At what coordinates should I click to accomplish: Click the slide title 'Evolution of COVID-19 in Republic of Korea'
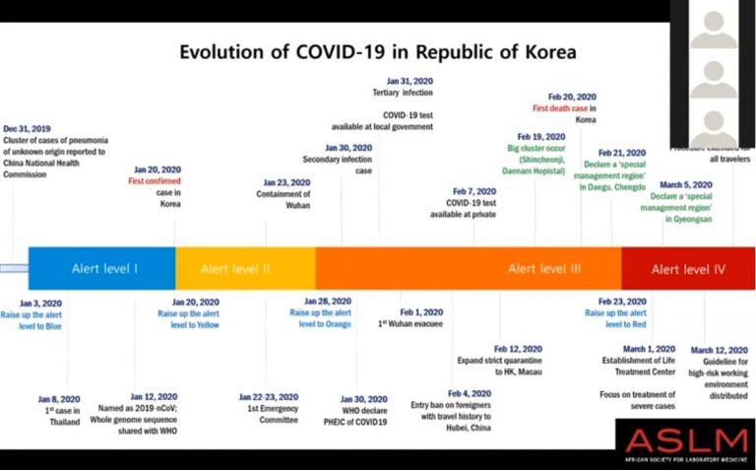pyautogui.click(x=377, y=51)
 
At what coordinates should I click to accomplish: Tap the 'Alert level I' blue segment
pyautogui.click(x=104, y=267)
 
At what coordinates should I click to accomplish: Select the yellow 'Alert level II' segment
pyautogui.click(x=235, y=267)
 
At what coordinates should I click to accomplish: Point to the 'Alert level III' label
pyautogui.click(x=544, y=267)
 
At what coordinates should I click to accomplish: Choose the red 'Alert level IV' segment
pyautogui.click(x=688, y=267)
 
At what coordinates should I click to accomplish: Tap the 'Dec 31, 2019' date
pyautogui.click(x=28, y=128)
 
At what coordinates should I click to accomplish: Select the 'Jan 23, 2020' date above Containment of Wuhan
pyautogui.click(x=286, y=182)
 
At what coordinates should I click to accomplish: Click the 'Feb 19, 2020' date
pyautogui.click(x=541, y=136)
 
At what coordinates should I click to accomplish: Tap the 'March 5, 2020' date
pyautogui.click(x=686, y=184)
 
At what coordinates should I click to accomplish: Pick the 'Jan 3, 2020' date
pyautogui.click(x=40, y=303)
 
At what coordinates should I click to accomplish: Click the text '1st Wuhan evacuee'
pyautogui.click(x=412, y=323)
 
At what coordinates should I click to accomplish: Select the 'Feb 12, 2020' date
pyautogui.click(x=519, y=349)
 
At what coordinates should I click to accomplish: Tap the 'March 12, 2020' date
pyautogui.click(x=719, y=350)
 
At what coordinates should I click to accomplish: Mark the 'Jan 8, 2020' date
pyautogui.click(x=60, y=399)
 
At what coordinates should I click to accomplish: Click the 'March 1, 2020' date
pyautogui.click(x=649, y=349)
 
